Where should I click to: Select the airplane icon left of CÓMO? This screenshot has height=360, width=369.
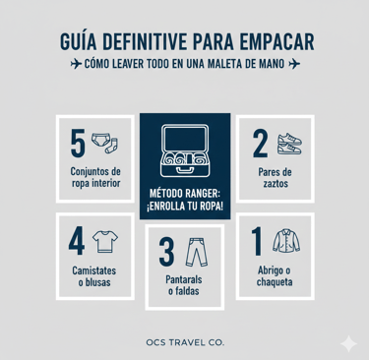click(76, 64)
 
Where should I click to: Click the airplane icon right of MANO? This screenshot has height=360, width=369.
click(294, 64)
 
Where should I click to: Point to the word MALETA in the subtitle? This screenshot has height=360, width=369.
click(224, 64)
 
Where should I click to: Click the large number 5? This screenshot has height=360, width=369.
click(78, 143)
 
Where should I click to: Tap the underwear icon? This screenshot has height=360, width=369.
click(99, 140)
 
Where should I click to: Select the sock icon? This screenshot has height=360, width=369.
click(112, 146)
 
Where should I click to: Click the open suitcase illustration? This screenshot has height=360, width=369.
click(185, 150)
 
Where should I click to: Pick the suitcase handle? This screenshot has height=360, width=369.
click(185, 169)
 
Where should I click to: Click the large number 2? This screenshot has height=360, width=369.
click(261, 143)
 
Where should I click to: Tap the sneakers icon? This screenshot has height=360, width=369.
click(289, 144)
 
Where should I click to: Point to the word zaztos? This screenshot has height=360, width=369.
click(276, 184)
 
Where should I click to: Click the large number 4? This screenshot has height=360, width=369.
click(77, 241)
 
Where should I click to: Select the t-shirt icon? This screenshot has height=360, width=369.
click(105, 241)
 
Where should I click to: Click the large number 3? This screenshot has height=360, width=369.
click(166, 252)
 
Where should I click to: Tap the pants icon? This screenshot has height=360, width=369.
click(197, 252)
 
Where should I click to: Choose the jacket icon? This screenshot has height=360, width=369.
click(286, 241)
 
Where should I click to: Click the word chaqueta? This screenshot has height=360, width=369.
click(275, 282)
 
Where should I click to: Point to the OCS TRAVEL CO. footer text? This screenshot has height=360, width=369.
click(185, 342)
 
